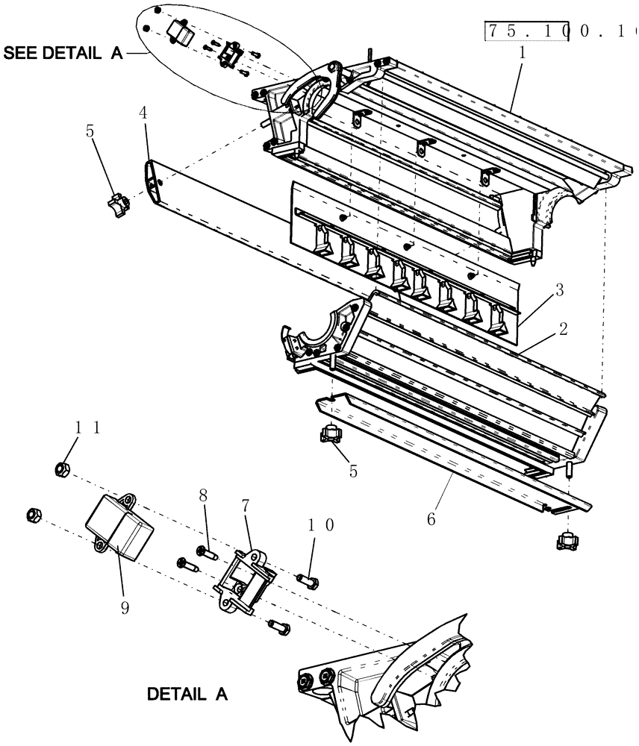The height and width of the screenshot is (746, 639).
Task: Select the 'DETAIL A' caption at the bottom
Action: pyautogui.click(x=186, y=694)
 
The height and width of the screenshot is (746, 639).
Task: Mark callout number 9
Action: pyautogui.click(x=123, y=607)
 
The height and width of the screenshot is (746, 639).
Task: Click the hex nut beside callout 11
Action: pyautogui.click(x=63, y=469)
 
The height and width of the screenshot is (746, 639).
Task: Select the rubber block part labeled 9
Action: pyautogui.click(x=121, y=527)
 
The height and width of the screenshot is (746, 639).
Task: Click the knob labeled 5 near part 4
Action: pyautogui.click(x=116, y=203)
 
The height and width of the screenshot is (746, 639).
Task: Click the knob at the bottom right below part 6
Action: pyautogui.click(x=567, y=539)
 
